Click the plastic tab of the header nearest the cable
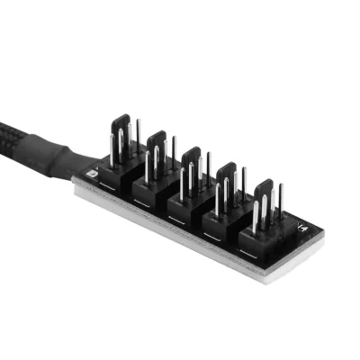124,126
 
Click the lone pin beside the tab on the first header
138,132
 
